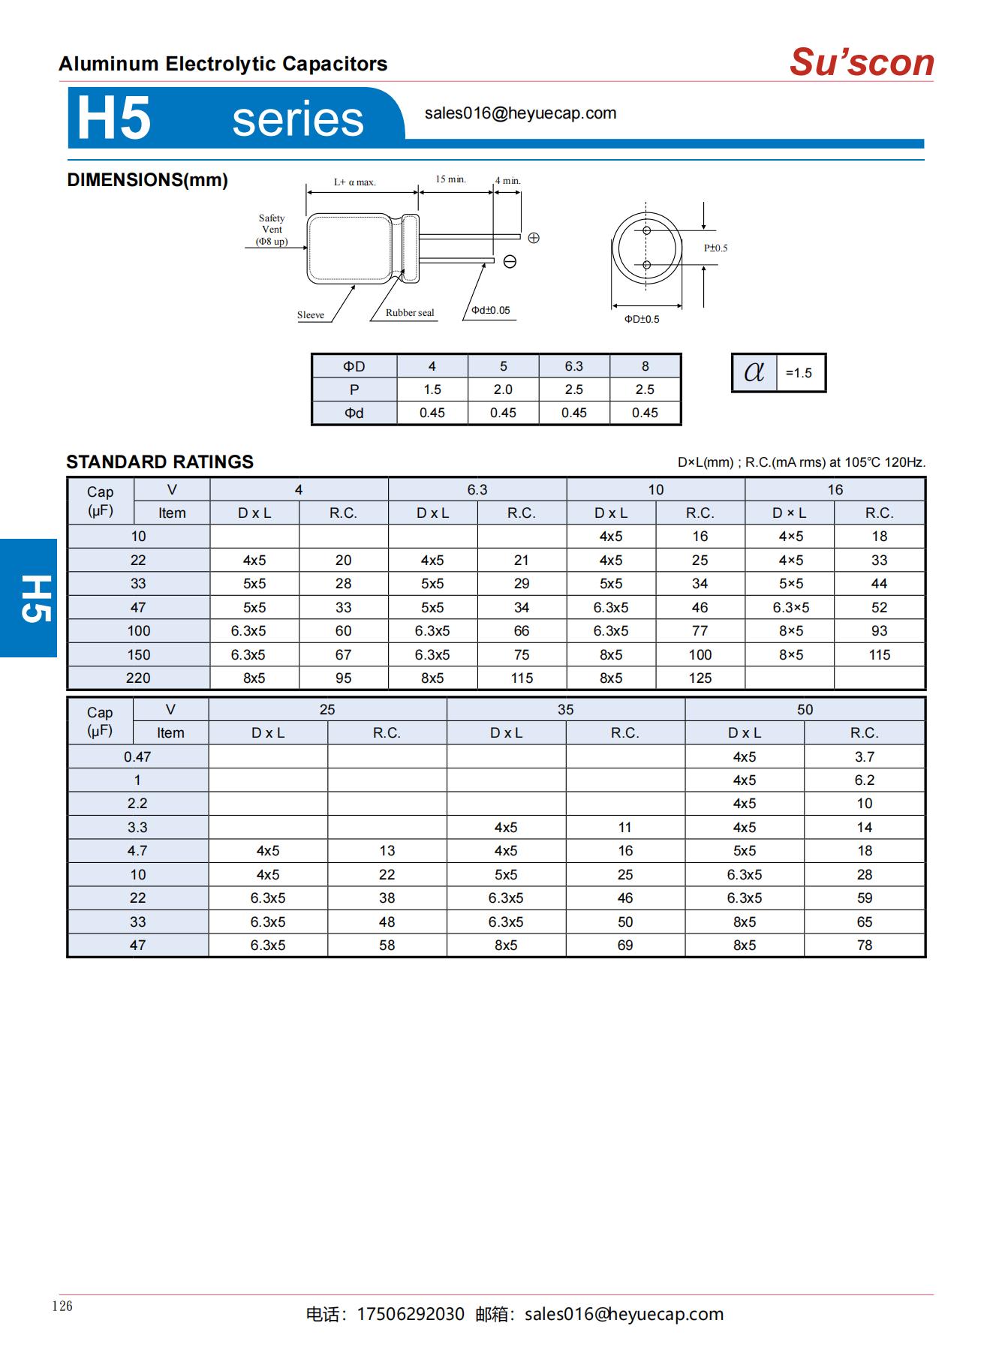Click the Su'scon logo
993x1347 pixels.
(861, 62)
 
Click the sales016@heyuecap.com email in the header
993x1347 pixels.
(520, 113)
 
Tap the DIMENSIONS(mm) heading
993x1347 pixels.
(147, 180)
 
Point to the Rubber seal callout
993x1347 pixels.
(410, 313)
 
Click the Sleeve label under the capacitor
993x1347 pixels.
(311, 315)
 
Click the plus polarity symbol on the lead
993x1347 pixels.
(534, 238)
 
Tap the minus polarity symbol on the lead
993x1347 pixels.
(510, 261)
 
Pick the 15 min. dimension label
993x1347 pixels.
(450, 179)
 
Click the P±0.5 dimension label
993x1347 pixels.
(715, 248)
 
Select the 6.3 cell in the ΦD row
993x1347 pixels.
(573, 366)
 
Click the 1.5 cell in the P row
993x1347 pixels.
(432, 389)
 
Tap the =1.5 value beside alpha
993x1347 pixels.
(799, 373)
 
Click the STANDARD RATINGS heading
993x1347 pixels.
(160, 462)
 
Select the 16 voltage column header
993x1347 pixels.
(835, 490)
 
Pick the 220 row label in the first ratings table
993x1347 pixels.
(138, 678)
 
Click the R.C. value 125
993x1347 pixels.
(700, 678)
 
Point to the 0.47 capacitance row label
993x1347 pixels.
(137, 757)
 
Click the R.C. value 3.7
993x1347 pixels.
(864, 757)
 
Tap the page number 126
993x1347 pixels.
(62, 1306)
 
